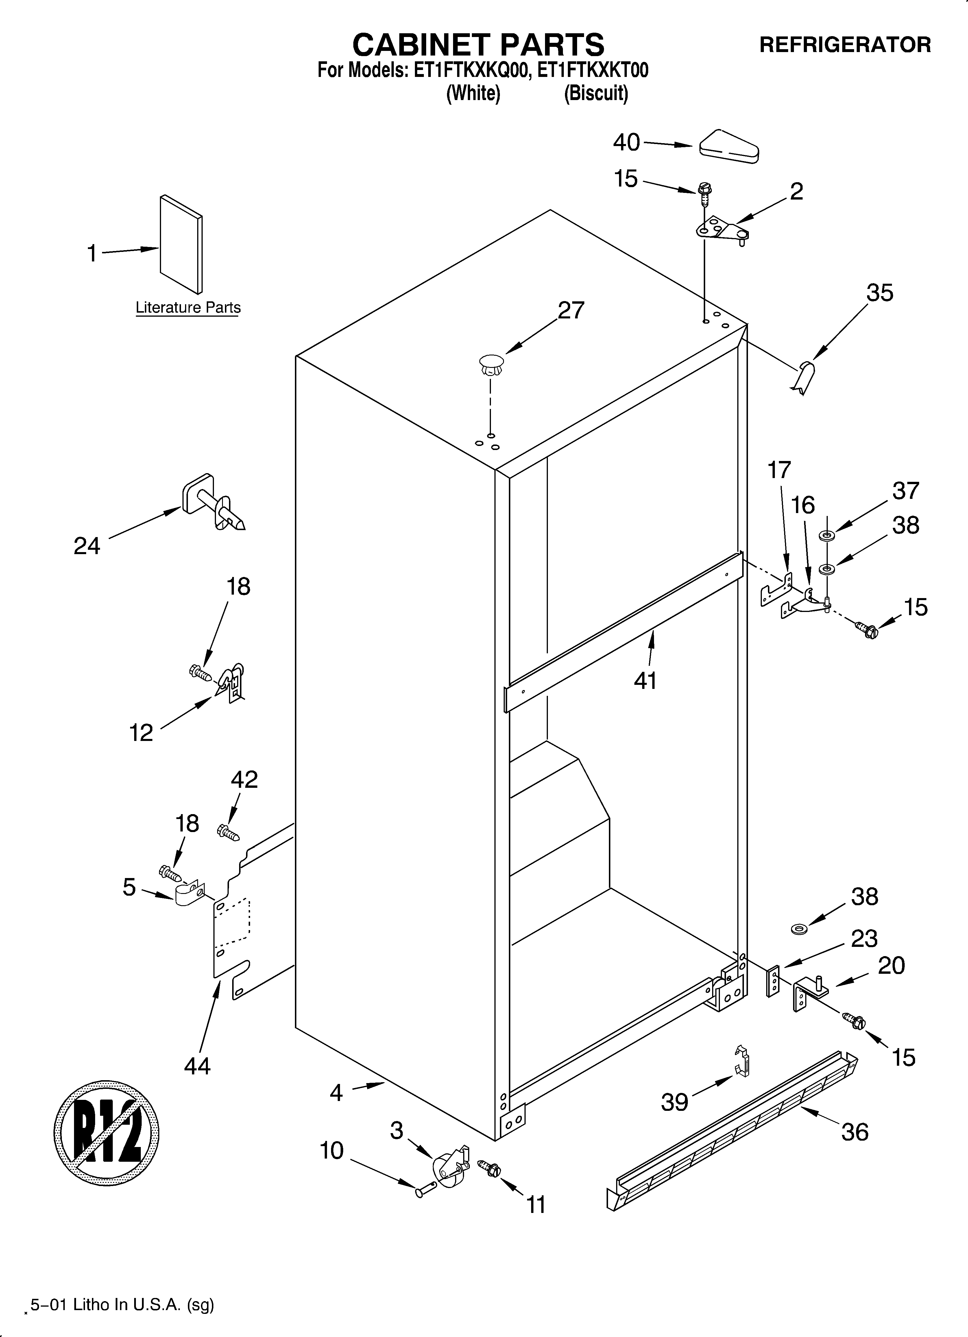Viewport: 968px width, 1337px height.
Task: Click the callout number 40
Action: click(626, 142)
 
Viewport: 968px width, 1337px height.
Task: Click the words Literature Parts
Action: click(188, 308)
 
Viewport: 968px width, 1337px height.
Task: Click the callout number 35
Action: click(880, 293)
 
